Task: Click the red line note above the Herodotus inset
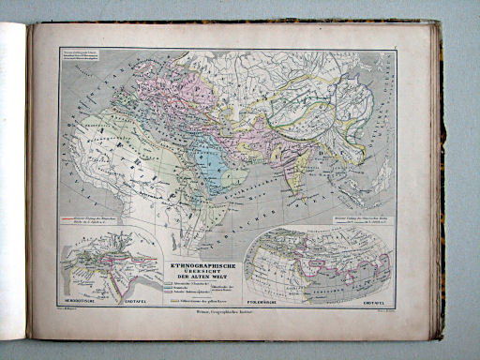(86, 223)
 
